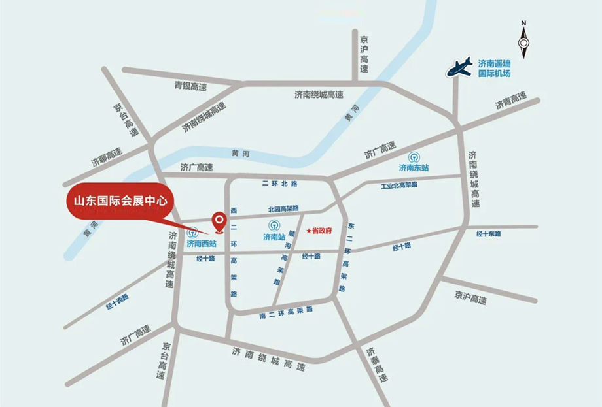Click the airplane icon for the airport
[x=459, y=66]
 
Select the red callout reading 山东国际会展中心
[x=118, y=203]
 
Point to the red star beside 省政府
[x=308, y=231]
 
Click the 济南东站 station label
[x=414, y=168]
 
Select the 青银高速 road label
[x=190, y=86]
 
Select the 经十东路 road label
[x=488, y=233]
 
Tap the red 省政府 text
[x=323, y=231]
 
